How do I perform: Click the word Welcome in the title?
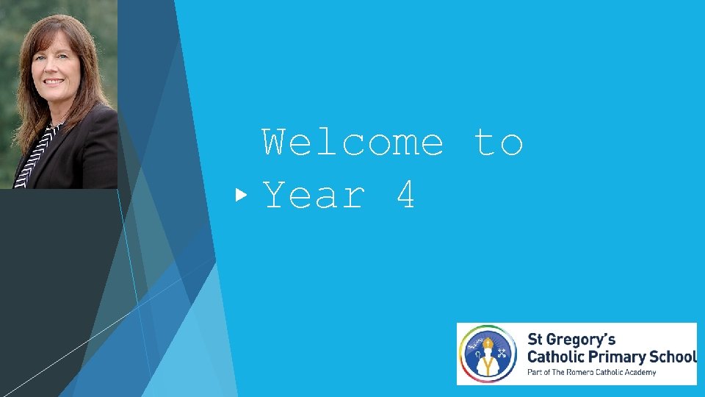(353, 143)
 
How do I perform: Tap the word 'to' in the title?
(499, 143)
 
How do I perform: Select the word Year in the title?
(314, 196)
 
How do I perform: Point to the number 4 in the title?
(406, 196)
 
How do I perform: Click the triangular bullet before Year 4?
(241, 196)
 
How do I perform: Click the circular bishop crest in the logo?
(488, 354)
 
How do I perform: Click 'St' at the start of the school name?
(535, 340)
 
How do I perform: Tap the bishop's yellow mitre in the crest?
(487, 343)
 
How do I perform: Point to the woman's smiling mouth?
(53, 81)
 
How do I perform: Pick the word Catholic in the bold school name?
(557, 357)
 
